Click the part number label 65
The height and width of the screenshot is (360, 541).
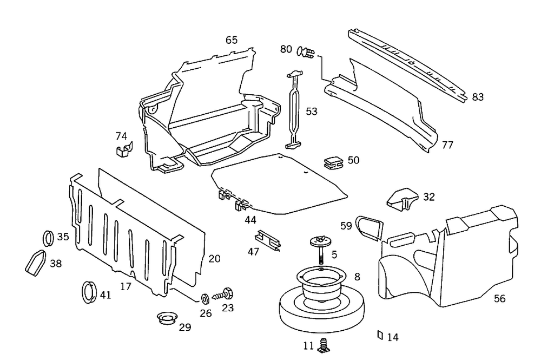(232, 40)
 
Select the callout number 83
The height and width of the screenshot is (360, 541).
(478, 97)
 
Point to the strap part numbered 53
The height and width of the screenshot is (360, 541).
(294, 108)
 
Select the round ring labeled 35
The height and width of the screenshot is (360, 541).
(49, 237)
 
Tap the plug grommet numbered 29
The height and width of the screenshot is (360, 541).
(167, 318)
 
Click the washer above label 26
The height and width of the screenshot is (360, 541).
(206, 298)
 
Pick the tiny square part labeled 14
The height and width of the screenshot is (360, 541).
(380, 336)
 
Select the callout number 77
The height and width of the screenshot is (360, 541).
(447, 145)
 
